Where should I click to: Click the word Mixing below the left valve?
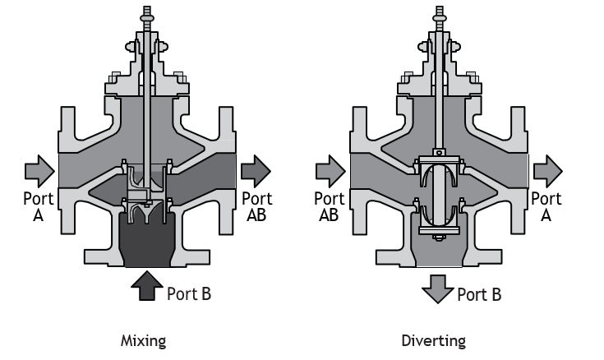tap(143, 341)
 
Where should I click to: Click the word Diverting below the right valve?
tap(433, 341)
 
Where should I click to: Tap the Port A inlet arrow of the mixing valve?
tap(39, 171)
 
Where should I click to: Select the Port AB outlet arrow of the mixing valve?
tap(256, 171)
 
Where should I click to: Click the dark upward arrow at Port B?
tap(147, 286)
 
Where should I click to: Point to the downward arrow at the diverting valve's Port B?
tap(437, 289)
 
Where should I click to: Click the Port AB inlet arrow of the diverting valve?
tap(330, 171)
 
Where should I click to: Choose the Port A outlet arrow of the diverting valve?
tap(548, 171)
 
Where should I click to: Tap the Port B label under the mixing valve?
tap(189, 293)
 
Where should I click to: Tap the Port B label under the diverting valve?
tap(479, 295)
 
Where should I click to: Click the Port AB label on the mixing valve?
tap(257, 207)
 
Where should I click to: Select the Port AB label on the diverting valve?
tap(329, 207)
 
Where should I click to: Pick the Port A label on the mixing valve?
tap(38, 207)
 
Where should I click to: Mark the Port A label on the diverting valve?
tap(546, 207)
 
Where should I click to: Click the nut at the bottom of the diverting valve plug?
tap(438, 237)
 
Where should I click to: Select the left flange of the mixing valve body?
tap(67, 170)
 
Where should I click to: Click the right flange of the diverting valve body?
tap(519, 170)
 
